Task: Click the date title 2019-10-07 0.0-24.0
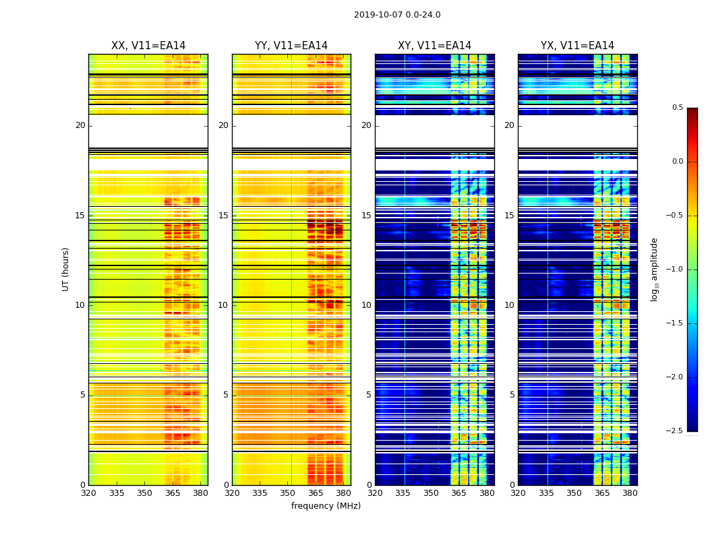[397, 15]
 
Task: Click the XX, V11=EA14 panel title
[148, 46]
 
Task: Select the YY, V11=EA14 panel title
[291, 46]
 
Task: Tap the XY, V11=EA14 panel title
[434, 46]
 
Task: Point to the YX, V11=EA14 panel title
[577, 46]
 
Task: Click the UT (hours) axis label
[65, 269]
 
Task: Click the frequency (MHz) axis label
[326, 506]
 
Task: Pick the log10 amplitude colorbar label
[654, 269]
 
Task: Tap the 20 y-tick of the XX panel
[80, 125]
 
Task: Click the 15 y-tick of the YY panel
[223, 216]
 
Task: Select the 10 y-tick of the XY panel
[366, 305]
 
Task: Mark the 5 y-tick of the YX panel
[512, 395]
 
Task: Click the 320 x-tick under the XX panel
[88, 493]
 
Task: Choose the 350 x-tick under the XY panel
[431, 493]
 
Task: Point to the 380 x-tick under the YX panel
[630, 493]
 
